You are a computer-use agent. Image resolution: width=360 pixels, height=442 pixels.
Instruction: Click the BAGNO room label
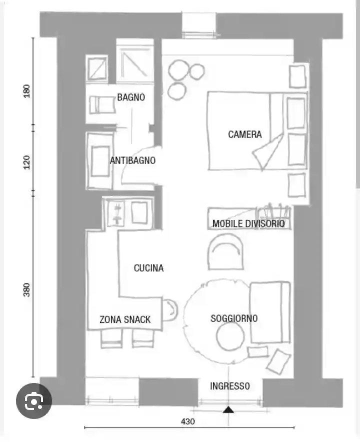(131, 97)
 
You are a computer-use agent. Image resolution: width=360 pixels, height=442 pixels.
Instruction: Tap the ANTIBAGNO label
(132, 160)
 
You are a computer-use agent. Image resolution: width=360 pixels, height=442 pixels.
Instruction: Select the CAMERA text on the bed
(244, 134)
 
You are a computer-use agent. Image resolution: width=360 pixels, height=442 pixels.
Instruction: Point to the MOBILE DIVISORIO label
(248, 223)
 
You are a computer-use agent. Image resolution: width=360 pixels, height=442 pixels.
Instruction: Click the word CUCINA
(148, 268)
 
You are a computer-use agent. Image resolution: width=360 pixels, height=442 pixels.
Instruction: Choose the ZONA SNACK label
(125, 319)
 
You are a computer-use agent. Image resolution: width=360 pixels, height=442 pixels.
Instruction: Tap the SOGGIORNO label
(234, 318)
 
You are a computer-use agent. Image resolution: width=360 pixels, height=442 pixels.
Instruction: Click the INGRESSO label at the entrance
(230, 386)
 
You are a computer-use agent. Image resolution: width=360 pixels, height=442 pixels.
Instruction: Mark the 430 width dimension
(188, 421)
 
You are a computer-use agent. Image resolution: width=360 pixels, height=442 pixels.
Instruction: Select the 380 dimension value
(26, 290)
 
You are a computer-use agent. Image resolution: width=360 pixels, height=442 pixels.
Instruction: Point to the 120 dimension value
(26, 162)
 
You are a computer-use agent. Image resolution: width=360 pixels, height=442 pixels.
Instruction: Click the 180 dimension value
(26, 91)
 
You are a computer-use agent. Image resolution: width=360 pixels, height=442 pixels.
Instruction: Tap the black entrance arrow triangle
(228, 409)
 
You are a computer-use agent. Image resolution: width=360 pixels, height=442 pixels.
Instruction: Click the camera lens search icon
(34, 400)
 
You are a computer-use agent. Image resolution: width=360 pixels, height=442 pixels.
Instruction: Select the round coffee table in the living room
(230, 336)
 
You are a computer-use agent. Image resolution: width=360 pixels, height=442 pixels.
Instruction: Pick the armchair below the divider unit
(225, 251)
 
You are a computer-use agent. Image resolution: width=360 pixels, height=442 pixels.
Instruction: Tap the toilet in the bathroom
(102, 105)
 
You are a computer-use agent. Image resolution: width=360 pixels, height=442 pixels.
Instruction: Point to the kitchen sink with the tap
(116, 213)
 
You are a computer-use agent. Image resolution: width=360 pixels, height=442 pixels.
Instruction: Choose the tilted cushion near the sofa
(278, 361)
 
